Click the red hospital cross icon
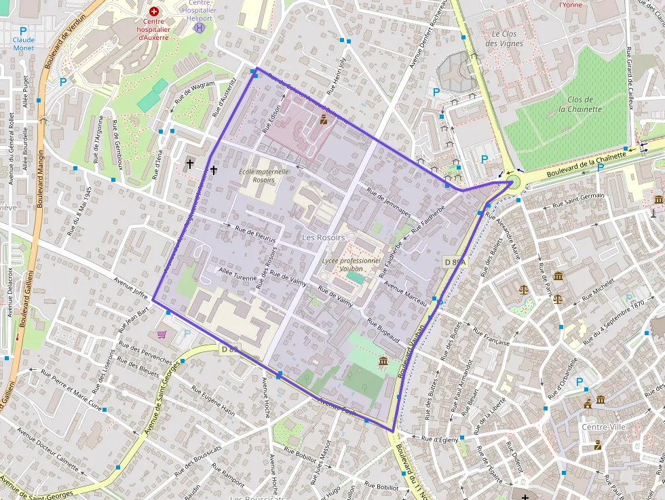click(x=154, y=12)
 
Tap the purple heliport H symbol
click(x=199, y=28)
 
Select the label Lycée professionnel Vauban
click(x=351, y=265)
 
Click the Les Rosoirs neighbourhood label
click(x=323, y=237)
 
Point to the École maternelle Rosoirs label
click(x=264, y=176)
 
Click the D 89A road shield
click(x=456, y=262)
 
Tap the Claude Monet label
click(x=23, y=44)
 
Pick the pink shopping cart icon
click(x=161, y=334)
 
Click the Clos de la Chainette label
click(x=580, y=104)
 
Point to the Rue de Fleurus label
click(x=254, y=233)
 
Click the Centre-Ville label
click(x=604, y=427)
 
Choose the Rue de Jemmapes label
click(x=388, y=202)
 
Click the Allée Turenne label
click(x=238, y=273)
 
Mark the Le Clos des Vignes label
click(x=504, y=39)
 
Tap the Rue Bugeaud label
click(x=383, y=329)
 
